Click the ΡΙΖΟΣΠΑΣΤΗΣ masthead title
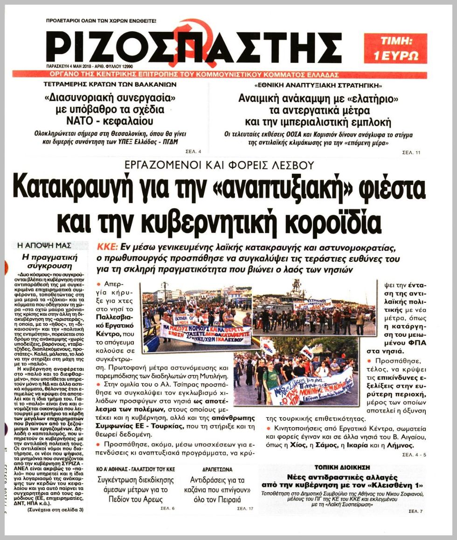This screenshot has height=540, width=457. pos(194,48)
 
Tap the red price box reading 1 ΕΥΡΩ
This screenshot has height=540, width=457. pos(395,48)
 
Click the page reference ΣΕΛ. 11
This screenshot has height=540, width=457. pos(411,153)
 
